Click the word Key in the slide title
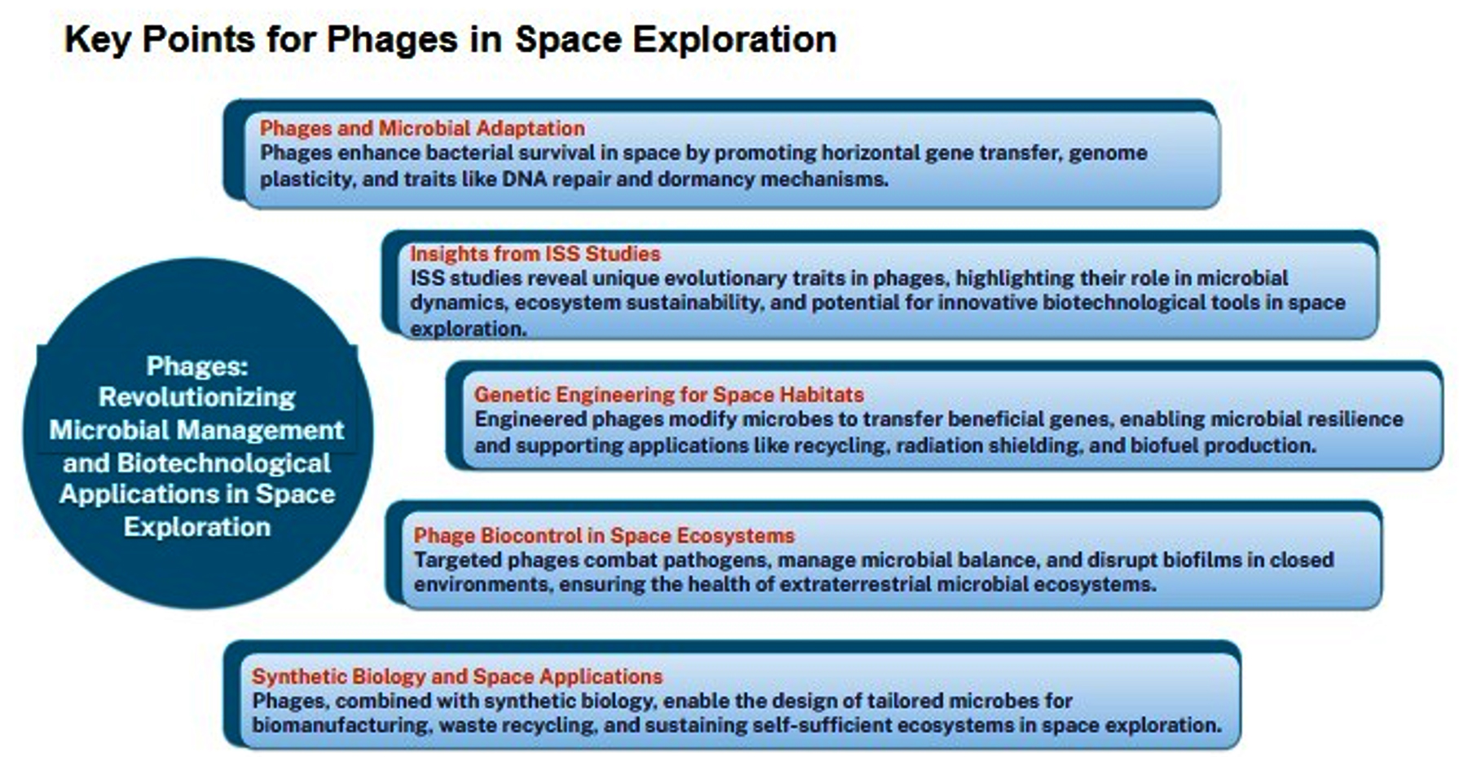pos(96,39)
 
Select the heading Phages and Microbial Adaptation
pos(422,128)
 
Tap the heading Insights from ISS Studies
pos(535,254)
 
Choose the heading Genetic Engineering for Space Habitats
pos(668,395)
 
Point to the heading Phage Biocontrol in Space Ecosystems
pos(604,535)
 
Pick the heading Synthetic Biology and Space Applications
pos(457,676)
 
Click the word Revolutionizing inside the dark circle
pos(197,397)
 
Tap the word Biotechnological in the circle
pos(224,463)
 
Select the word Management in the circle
pos(260,430)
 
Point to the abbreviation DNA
pos(525,179)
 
